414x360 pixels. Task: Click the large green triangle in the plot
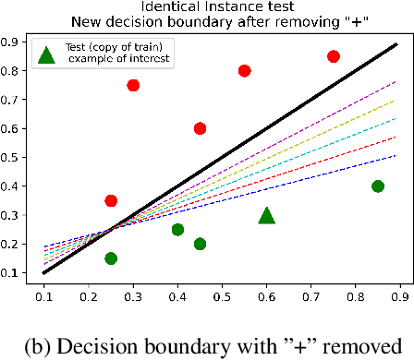point(266,215)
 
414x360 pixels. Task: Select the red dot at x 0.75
point(334,56)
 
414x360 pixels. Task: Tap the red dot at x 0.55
point(245,70)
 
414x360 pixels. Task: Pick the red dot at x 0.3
point(133,85)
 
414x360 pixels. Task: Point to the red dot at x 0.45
point(200,128)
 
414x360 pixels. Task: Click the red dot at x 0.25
point(111,200)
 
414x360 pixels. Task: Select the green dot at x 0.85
point(378,186)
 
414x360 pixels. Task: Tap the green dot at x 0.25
point(111,258)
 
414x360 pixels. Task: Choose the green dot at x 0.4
point(177,230)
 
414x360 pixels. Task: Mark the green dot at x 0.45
point(200,244)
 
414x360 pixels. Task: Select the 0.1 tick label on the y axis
point(14,273)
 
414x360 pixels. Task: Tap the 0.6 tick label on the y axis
point(14,128)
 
